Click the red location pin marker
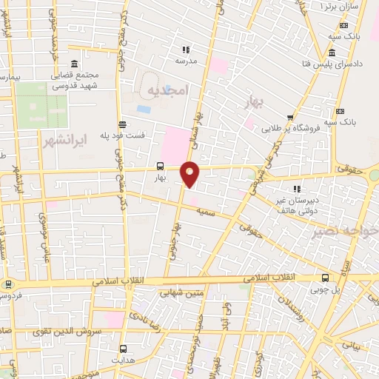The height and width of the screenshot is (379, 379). pos(190,174)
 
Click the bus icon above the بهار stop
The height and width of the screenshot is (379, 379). pos(161,167)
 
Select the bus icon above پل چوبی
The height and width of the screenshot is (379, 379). pos(326,278)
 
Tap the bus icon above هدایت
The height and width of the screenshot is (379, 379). pos(124,349)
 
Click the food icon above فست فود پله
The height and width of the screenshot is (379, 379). pos(122,124)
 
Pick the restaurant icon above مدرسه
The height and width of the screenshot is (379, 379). pos(185,50)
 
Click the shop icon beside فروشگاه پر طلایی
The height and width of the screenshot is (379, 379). pos(290,117)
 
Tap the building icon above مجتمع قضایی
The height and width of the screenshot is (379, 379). pos(72,64)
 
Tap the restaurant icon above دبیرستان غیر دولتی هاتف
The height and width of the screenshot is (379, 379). pos(298,188)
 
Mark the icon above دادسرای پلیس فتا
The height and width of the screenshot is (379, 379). pos(330,55)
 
